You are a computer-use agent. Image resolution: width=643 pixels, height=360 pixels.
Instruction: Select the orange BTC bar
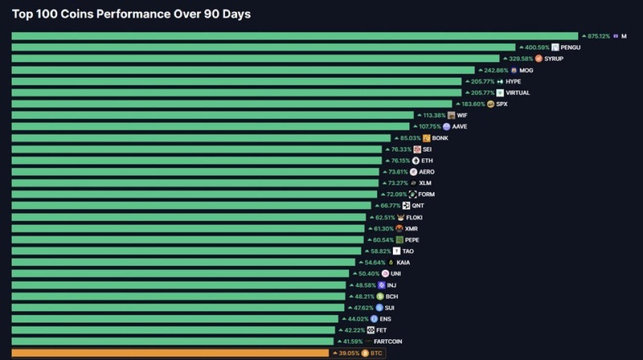(169, 353)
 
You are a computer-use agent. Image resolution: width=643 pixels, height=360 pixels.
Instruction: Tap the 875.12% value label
(596, 36)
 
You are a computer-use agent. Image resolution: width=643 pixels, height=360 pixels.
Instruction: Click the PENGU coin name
(571, 47)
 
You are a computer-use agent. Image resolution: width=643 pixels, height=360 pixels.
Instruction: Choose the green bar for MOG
(241, 70)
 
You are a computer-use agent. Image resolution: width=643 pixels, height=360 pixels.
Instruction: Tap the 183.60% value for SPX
(472, 104)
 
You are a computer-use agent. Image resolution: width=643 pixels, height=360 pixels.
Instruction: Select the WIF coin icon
(451, 115)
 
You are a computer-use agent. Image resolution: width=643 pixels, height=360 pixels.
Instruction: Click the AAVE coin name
(460, 126)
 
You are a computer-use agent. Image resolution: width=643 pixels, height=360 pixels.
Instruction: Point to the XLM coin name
(425, 183)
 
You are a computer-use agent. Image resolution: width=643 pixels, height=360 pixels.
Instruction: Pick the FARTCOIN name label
(388, 342)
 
